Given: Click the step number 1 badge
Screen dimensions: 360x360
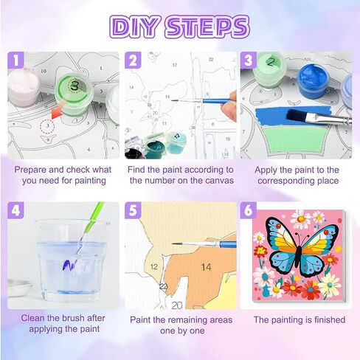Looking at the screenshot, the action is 15,60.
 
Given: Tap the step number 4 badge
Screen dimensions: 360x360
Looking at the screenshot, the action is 15,210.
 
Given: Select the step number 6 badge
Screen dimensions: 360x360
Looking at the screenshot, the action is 249,210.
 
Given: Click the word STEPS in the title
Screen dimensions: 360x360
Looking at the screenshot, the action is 207,27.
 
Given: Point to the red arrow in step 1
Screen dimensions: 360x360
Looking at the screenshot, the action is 58,112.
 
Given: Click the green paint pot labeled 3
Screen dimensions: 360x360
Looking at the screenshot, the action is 73,94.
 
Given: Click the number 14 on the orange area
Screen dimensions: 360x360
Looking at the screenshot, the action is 206,267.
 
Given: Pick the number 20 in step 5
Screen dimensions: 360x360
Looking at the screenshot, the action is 176,305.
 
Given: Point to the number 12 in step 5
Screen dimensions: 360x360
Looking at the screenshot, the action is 154,267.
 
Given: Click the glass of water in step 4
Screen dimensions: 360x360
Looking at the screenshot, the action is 72,260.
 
